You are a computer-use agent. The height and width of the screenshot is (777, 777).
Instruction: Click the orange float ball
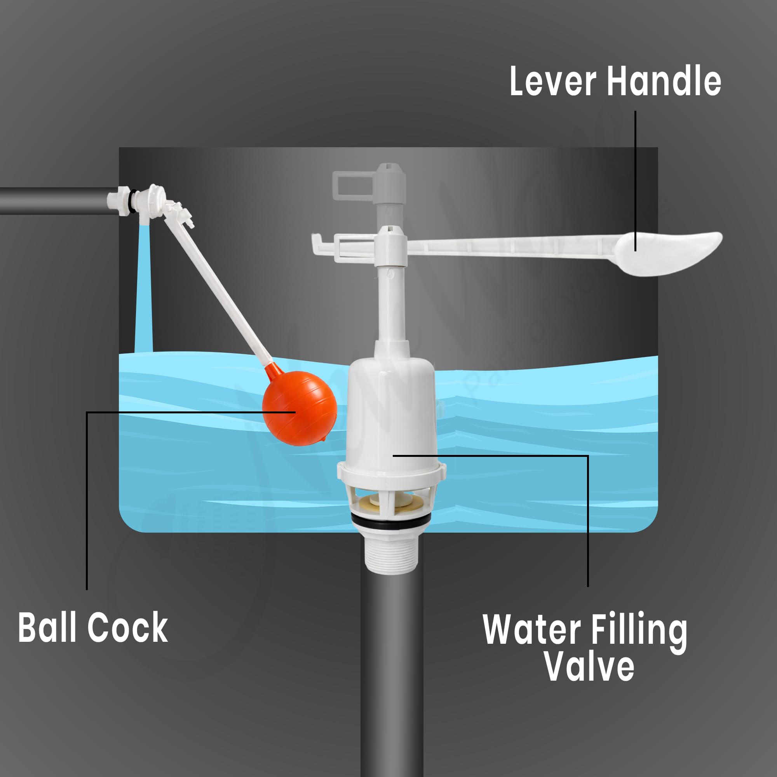click(x=299, y=408)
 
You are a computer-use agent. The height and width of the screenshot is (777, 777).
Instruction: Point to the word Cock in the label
click(x=127, y=627)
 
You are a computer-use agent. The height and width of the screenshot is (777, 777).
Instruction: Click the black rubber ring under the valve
click(x=391, y=521)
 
